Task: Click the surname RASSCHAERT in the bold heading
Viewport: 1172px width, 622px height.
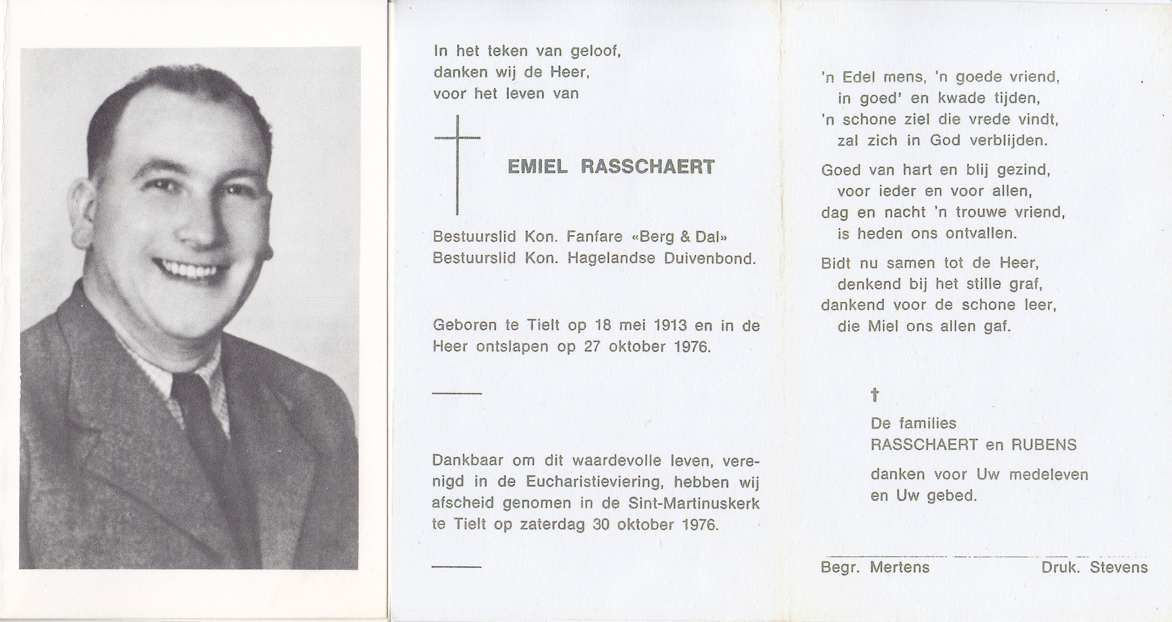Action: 647,167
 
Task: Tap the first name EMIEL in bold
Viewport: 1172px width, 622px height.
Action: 537,167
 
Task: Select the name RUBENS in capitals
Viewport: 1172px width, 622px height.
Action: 1044,445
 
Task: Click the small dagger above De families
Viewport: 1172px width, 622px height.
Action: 875,395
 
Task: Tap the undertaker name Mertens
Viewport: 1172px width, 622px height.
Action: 900,568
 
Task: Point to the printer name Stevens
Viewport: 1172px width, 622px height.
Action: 1118,568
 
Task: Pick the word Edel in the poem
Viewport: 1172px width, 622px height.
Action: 860,77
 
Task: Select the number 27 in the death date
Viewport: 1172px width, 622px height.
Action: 593,347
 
